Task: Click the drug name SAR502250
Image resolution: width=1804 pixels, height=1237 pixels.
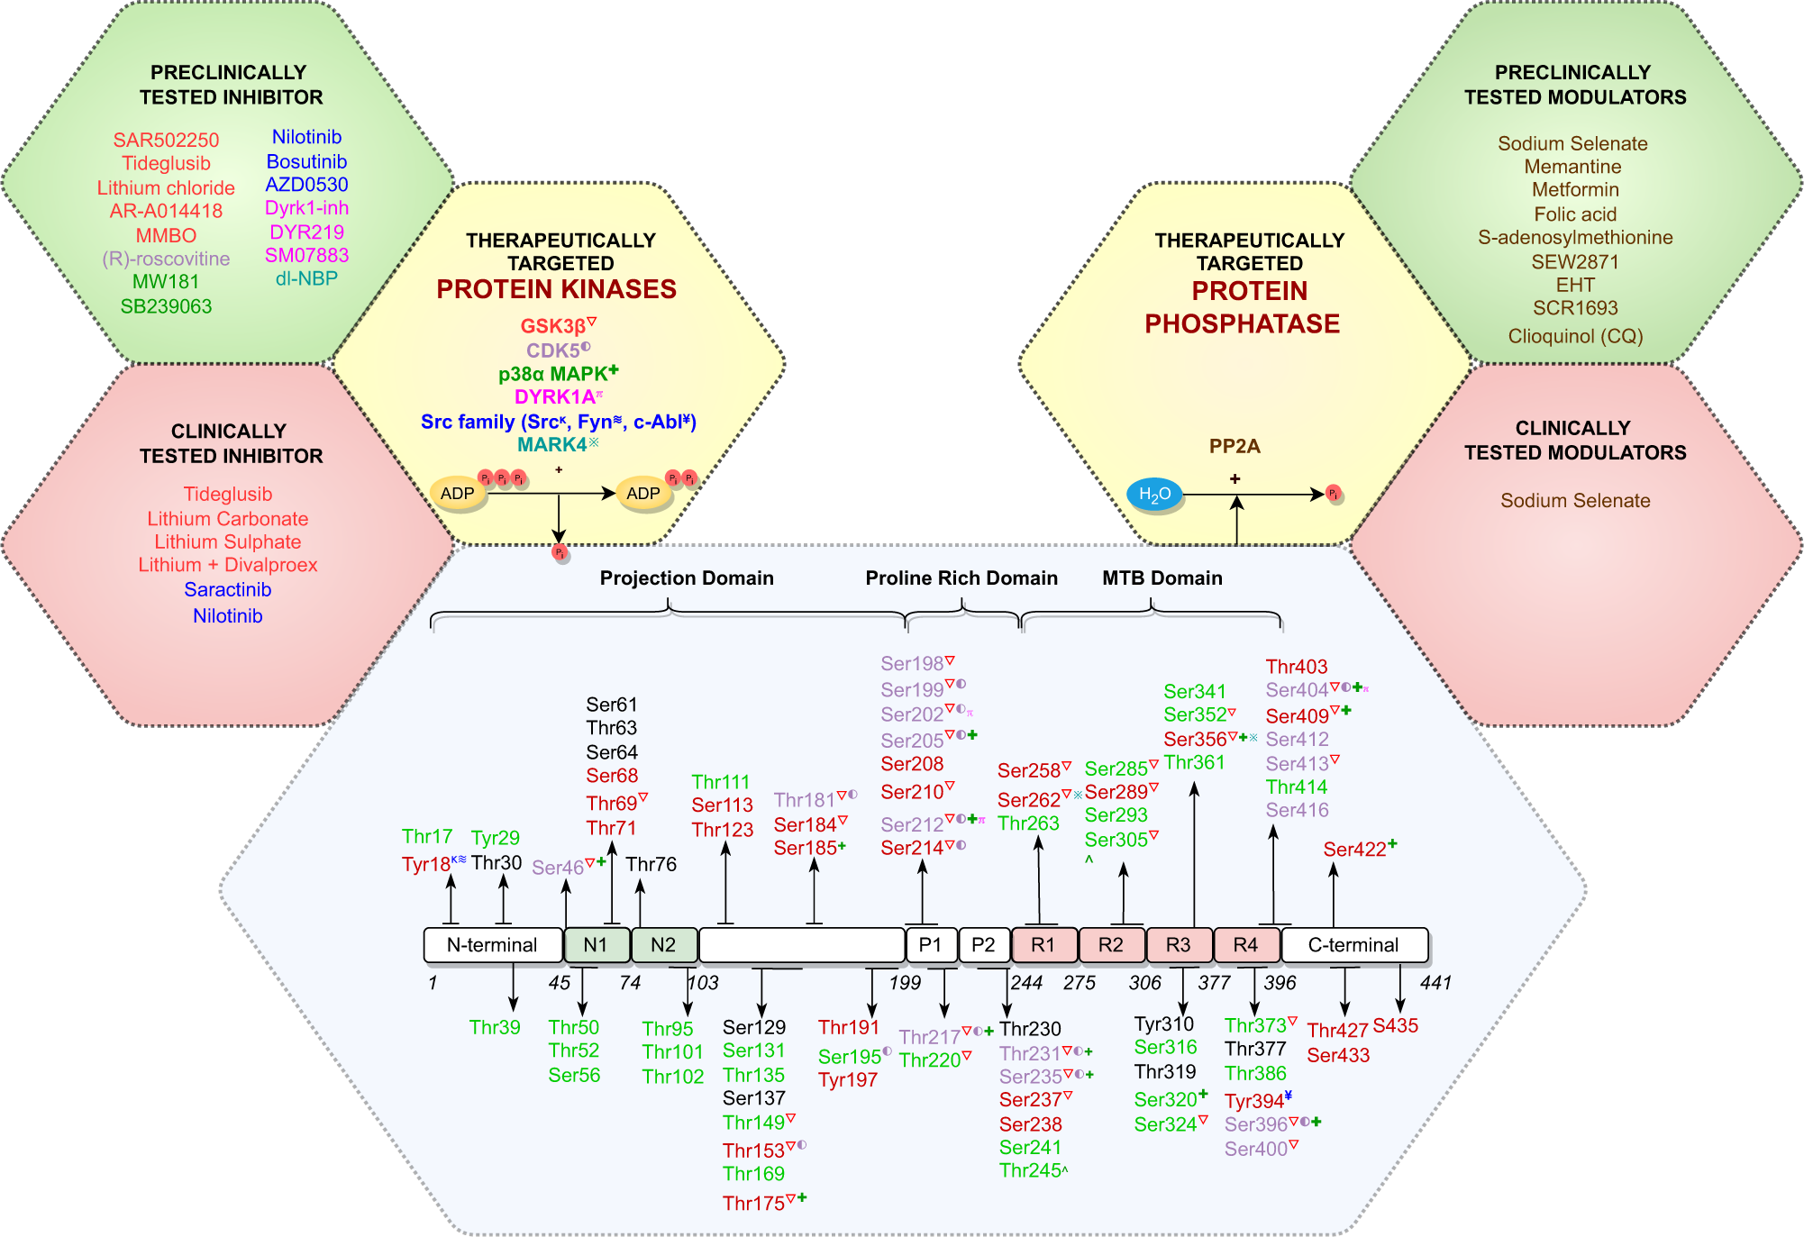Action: [x=166, y=140]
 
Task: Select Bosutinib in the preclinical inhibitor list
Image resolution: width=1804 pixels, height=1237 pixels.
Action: [x=306, y=161]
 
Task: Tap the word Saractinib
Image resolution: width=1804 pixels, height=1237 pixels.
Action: [x=227, y=589]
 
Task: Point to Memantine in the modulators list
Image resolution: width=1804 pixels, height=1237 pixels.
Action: [x=1572, y=167]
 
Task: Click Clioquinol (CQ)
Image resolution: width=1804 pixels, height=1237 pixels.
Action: [x=1575, y=336]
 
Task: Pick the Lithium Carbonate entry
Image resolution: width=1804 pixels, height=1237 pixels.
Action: [x=227, y=519]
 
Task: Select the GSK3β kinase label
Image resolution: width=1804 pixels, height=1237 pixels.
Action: [x=553, y=326]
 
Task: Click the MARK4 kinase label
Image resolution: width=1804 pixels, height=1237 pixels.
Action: [x=552, y=444]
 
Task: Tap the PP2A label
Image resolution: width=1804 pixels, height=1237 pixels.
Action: [x=1234, y=446]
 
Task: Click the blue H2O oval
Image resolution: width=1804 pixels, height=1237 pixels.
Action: [x=1154, y=494]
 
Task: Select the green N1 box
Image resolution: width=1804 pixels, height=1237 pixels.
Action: [x=596, y=944]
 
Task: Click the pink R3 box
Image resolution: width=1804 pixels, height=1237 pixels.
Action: [x=1178, y=944]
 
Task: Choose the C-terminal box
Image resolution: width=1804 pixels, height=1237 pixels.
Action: [x=1353, y=944]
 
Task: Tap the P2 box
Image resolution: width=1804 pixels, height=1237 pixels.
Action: [x=983, y=944]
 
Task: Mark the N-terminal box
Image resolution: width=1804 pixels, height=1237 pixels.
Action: [x=492, y=944]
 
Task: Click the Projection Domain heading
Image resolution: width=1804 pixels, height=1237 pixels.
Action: [x=687, y=578]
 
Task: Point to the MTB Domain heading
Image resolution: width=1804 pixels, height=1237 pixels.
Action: [x=1162, y=578]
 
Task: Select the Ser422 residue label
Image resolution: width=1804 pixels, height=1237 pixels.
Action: [x=1354, y=849]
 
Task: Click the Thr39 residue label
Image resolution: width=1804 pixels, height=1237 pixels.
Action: [x=495, y=1027]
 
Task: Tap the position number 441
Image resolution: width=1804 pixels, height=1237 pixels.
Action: [x=1435, y=983]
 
